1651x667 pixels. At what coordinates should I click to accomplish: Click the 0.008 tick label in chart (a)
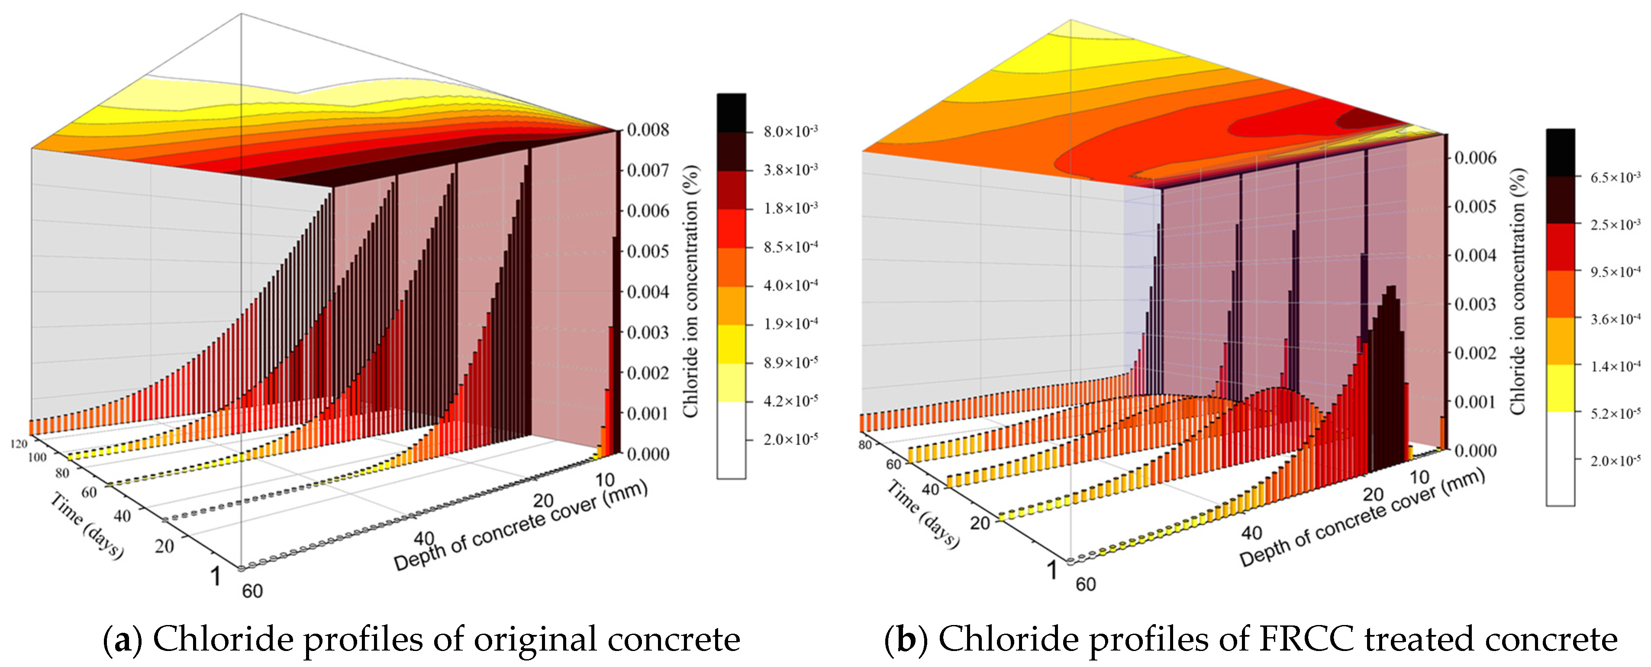point(647,130)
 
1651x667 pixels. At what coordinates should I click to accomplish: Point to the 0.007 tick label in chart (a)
point(647,171)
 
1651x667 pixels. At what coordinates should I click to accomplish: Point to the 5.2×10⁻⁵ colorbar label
point(1615,414)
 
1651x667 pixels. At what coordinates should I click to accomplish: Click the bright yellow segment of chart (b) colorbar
point(1560,388)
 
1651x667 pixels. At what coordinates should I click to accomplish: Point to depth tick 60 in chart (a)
point(252,591)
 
